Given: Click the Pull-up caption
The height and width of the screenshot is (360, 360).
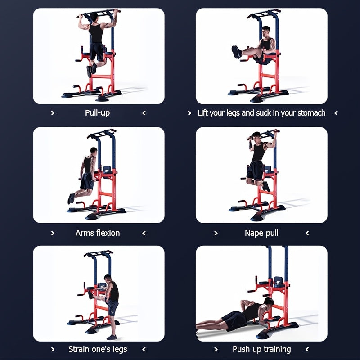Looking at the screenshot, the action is pos(97,113).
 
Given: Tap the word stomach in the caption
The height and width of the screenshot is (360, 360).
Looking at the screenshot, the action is pos(311,113).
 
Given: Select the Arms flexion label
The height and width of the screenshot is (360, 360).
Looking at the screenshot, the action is pos(98,233).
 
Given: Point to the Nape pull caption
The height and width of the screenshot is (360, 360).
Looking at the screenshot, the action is pos(261,233).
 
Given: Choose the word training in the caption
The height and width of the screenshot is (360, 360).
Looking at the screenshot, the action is pos(277,349).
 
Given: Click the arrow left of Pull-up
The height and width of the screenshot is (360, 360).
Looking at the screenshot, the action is pos(53,113).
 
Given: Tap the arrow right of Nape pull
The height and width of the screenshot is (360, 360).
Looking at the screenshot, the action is pos(307,233).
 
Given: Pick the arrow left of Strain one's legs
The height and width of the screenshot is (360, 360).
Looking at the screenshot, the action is pos(53,349).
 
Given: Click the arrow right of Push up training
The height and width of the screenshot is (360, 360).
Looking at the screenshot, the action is pos(307,349).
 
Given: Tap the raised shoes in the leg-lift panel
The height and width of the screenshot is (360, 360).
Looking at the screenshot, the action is pos(236,52).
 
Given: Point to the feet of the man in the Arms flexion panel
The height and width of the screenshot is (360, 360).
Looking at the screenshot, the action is pos(71,198).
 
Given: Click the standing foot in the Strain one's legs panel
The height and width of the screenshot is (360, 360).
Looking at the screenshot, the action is pos(112,337).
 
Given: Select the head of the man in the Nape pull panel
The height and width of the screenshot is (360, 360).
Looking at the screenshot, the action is pos(256,136).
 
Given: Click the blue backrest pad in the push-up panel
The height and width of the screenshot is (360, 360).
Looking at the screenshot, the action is pos(278,282).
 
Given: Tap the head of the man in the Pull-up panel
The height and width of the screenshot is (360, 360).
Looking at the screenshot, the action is pos(94,17).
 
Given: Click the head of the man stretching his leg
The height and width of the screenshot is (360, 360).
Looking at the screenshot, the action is pos(108,278).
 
